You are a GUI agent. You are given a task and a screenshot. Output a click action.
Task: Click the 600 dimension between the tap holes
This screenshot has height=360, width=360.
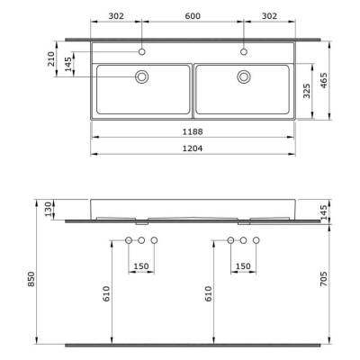coord(193,15)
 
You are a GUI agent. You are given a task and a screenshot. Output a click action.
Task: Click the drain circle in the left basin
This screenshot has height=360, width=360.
coord(142,77)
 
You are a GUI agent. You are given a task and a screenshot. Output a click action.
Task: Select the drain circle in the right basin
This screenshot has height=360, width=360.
coord(244,77)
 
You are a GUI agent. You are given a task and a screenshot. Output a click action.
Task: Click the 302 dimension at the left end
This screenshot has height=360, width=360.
coord(116,15)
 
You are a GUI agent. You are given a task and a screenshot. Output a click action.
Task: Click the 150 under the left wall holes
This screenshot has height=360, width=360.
coord(141,266)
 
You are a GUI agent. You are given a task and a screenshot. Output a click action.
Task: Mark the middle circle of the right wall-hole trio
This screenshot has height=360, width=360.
coord(243,240)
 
